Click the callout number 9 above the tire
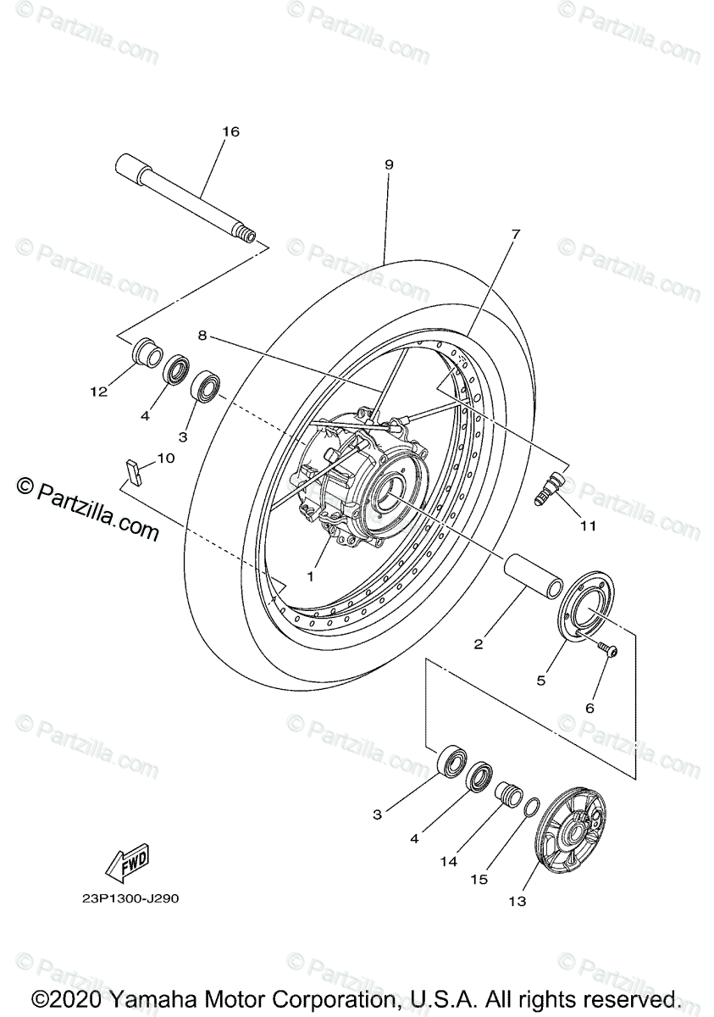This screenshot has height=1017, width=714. point(389,164)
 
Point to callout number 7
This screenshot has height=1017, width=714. point(515,233)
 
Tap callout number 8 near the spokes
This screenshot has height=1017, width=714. point(202,335)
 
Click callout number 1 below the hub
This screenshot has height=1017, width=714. point(310,576)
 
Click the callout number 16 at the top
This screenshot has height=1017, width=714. point(230,131)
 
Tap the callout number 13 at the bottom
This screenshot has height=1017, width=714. point(517,901)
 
